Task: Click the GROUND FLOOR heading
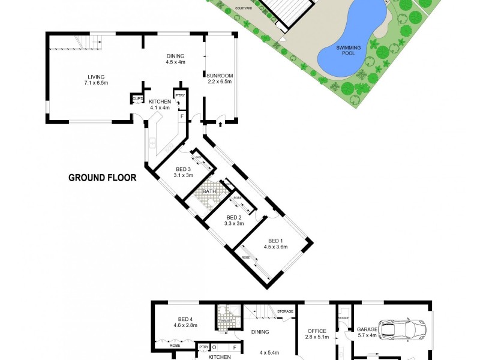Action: [103, 178]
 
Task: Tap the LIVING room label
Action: [96, 77]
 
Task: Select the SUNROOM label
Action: [220, 76]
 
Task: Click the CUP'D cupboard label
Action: [137, 98]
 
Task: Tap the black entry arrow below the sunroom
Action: [221, 125]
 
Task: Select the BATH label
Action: [209, 191]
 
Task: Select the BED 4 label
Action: [186, 319]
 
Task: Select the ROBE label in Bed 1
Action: [245, 257]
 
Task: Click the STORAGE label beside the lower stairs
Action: [286, 311]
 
